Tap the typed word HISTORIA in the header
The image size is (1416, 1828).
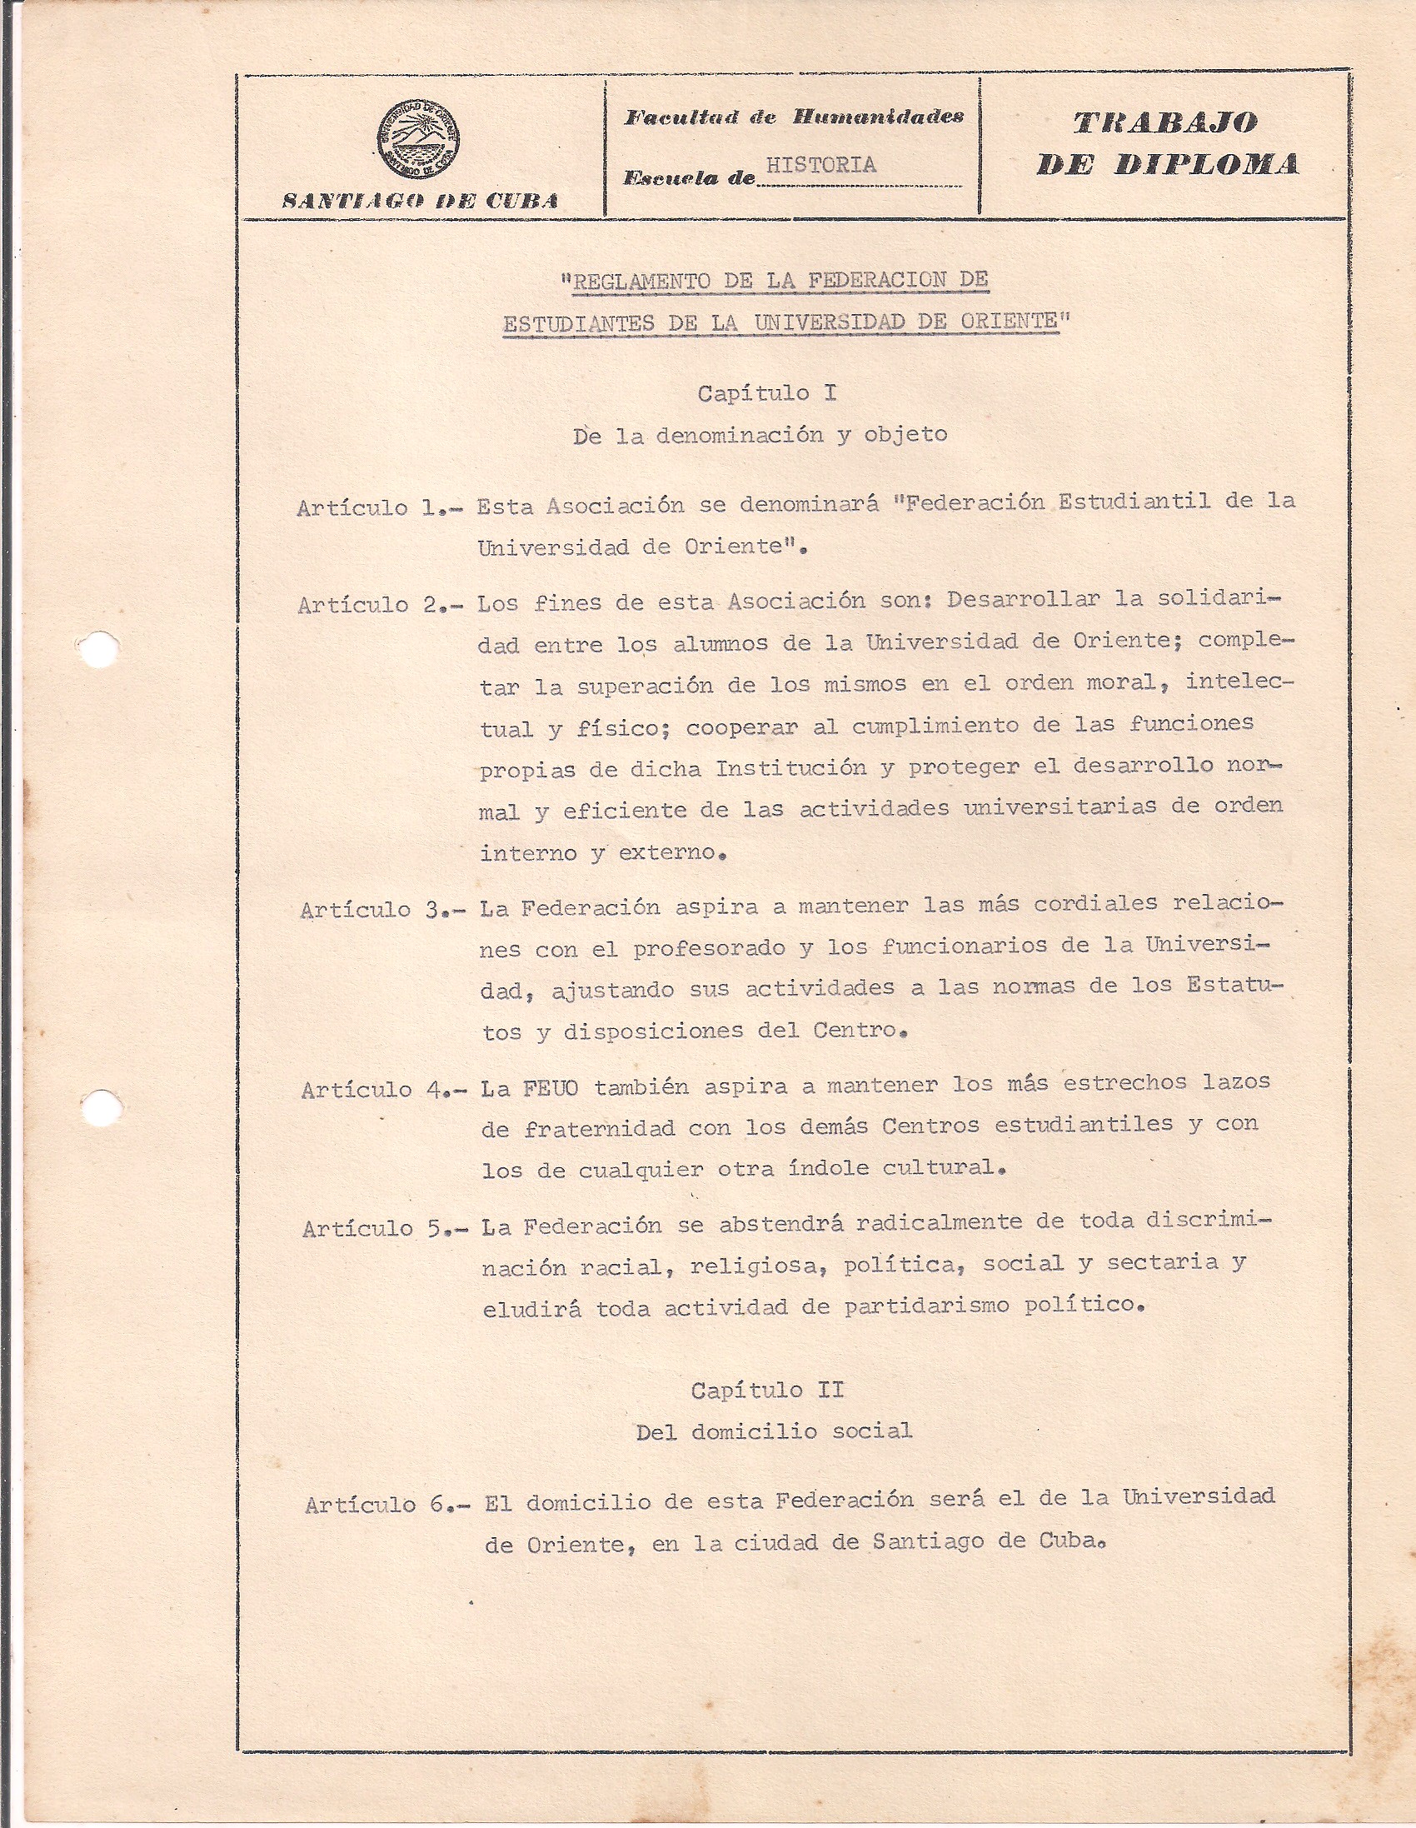click(x=821, y=165)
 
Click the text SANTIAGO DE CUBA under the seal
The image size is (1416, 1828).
click(x=420, y=201)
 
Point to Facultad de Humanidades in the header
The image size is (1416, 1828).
click(x=793, y=117)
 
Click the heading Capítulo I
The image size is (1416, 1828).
click(x=766, y=392)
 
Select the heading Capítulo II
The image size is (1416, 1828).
click(x=766, y=1391)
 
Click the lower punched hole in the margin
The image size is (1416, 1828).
click(x=100, y=1107)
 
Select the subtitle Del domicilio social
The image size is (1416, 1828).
click(x=773, y=1432)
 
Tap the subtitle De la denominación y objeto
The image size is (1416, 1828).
click(x=760, y=435)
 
